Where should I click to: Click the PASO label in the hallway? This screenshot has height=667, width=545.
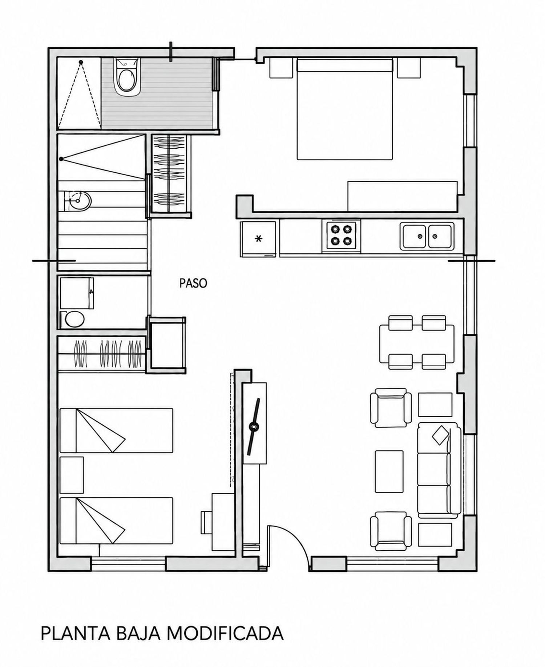click(193, 283)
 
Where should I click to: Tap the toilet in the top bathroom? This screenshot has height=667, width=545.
click(126, 77)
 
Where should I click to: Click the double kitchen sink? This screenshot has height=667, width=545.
click(427, 236)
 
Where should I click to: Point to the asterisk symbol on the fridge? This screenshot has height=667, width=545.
click(258, 239)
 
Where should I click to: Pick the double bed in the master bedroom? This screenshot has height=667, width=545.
click(345, 109)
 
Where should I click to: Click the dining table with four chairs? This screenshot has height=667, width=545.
click(417, 342)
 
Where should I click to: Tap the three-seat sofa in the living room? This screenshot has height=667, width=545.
click(439, 470)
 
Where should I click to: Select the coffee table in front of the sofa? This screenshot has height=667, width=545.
click(389, 471)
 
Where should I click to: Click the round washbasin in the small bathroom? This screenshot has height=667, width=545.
click(79, 201)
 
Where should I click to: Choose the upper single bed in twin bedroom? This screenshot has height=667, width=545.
click(116, 430)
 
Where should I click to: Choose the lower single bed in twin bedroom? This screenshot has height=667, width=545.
click(116, 521)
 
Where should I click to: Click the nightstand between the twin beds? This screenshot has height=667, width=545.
click(72, 475)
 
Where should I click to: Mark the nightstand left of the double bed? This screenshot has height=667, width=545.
click(280, 68)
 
